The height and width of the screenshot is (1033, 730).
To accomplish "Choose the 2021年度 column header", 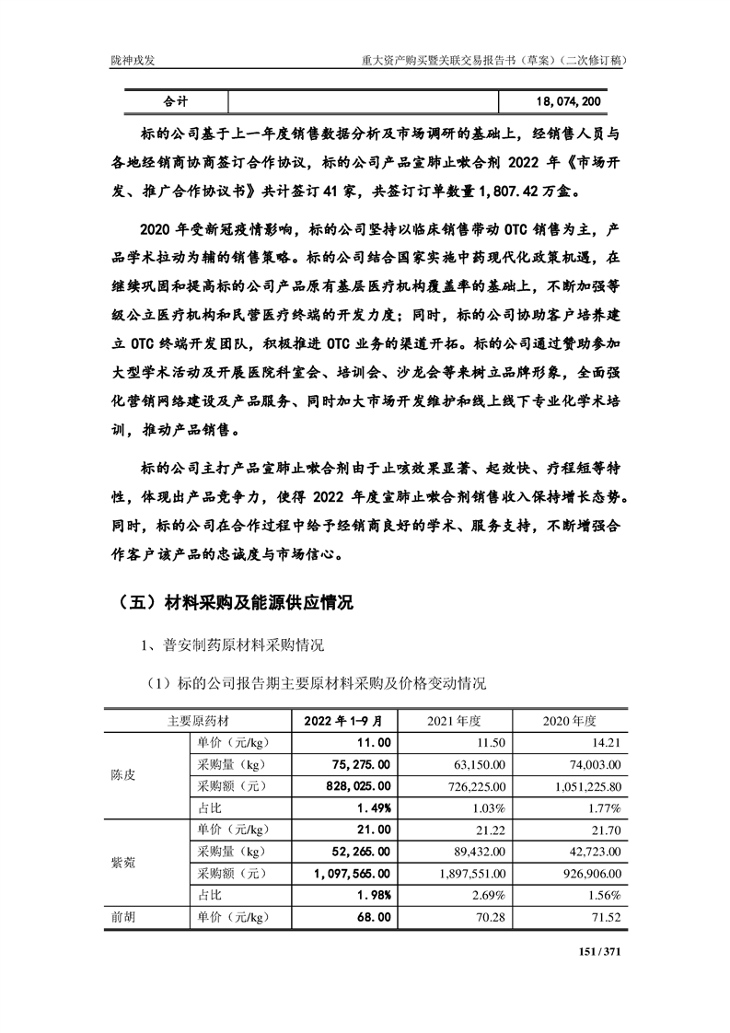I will click(460, 719).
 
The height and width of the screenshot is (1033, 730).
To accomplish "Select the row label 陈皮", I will click(122, 775).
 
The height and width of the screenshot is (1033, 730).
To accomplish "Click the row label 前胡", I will click(122, 918).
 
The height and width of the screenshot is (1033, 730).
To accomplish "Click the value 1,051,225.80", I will click(576, 786).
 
